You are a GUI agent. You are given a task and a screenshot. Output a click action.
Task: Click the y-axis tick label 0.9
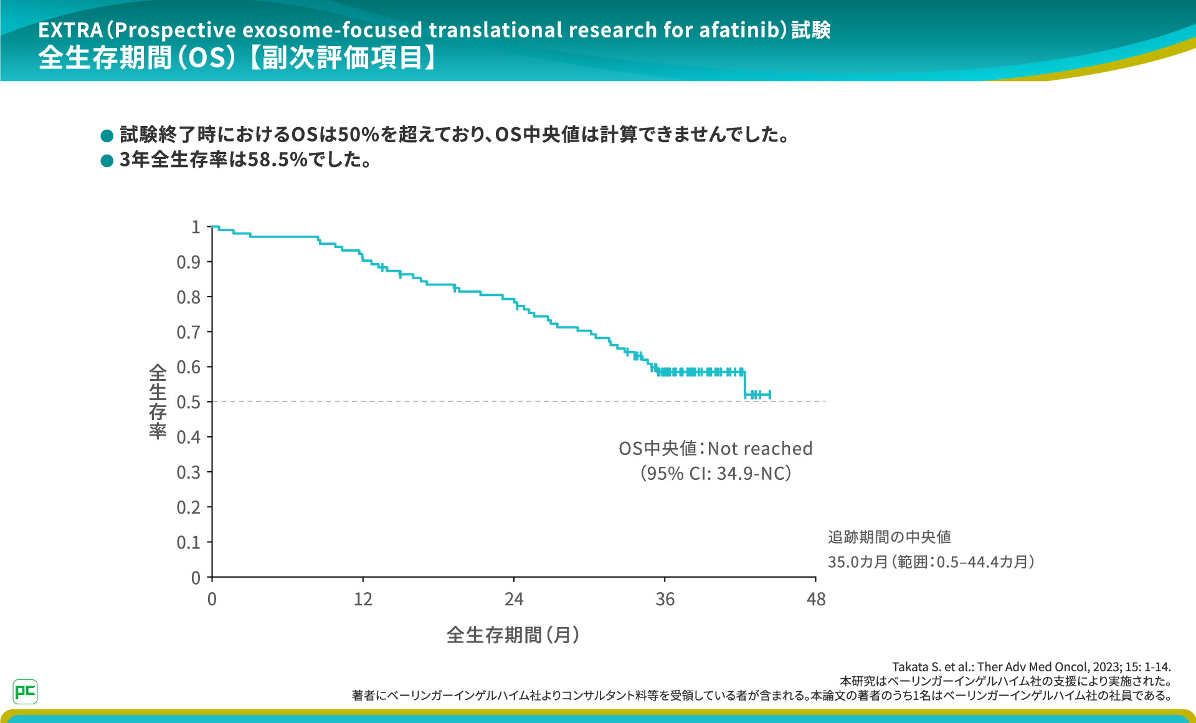[188, 262]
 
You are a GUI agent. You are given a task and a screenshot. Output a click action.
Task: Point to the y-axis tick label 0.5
[188, 402]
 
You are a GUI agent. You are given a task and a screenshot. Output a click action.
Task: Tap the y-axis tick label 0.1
[188, 542]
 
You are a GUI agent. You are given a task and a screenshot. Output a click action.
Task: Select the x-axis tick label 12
[363, 600]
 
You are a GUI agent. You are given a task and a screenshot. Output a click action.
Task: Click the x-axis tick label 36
[665, 600]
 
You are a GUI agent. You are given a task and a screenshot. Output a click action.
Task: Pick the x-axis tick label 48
[815, 600]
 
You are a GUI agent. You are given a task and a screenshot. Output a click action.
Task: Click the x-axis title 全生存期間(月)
[513, 635]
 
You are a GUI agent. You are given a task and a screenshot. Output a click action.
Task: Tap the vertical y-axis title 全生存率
[158, 402]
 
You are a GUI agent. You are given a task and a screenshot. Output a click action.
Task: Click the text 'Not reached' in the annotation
[760, 449]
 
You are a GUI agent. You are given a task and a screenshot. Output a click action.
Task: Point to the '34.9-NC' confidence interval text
[752, 474]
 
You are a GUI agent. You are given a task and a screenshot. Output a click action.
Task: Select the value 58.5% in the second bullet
[277, 160]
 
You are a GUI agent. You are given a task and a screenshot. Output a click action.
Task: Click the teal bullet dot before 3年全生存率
[107, 161]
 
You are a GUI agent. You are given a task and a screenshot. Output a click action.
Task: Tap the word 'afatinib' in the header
[739, 30]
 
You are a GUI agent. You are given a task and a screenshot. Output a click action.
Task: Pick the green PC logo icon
[25, 691]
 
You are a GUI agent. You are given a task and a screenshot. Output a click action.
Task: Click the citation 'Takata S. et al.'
[933, 667]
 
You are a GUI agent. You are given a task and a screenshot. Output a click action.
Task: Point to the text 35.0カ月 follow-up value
[858, 562]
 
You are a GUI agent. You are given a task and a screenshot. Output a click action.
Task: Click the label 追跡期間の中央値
[889, 537]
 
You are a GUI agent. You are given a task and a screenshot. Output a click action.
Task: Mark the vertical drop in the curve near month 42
[745, 383]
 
